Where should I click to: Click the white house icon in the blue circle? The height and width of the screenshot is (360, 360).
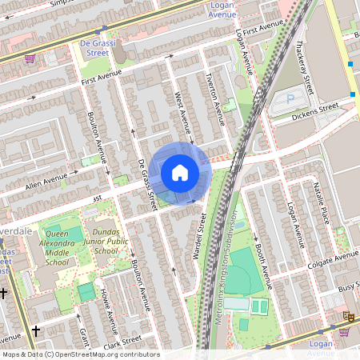180,173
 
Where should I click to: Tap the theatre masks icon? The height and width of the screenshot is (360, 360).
349,318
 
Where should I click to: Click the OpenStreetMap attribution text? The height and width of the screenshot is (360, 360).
81,354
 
